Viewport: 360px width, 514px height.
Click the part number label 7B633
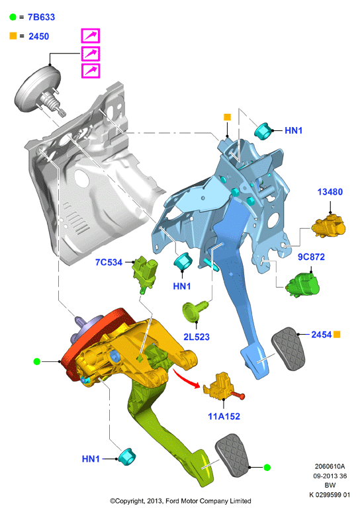[41, 17]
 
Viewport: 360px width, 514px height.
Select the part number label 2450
[38, 36]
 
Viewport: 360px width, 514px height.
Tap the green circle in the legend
[13, 17]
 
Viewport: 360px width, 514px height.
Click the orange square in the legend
[13, 36]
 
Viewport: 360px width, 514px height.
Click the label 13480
[330, 192]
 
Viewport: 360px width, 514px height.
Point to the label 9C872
[311, 257]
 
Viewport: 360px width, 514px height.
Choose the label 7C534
[109, 262]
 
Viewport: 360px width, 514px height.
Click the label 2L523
[197, 337]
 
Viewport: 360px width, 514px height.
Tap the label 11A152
[224, 416]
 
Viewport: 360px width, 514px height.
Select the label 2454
[322, 334]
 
